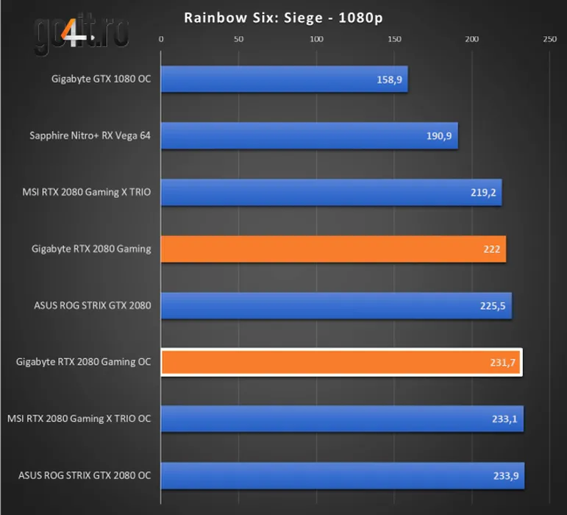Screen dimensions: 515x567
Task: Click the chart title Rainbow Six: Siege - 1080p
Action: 284,17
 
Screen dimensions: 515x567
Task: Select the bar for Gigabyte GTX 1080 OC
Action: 284,79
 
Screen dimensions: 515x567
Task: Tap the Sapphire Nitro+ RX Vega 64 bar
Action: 309,136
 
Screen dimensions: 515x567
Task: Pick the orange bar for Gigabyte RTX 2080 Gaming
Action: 333,249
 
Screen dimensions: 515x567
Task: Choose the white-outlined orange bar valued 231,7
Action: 341,363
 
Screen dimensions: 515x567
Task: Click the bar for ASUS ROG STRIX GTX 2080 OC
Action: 343,476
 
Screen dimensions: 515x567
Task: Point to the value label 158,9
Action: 389,79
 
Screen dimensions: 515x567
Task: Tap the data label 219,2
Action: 484,193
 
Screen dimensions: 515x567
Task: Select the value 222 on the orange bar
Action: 492,249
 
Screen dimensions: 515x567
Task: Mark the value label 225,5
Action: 494,306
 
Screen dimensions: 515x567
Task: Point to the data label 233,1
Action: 506,419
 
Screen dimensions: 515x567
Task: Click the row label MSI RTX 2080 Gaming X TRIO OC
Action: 79,419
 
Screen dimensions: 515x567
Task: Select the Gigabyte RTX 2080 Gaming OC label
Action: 83,362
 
